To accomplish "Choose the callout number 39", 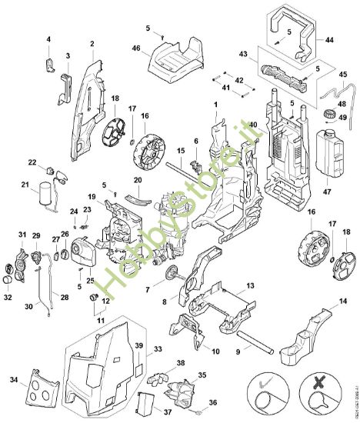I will (139, 345).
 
